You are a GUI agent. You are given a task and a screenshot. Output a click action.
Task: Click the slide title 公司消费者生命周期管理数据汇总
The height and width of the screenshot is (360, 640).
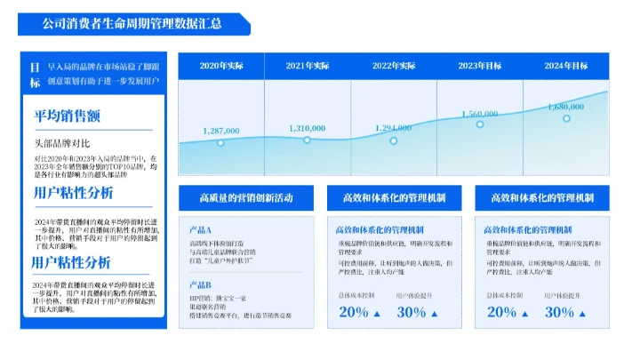(x=132, y=24)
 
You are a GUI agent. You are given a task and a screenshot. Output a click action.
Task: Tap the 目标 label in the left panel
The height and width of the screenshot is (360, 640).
(x=35, y=75)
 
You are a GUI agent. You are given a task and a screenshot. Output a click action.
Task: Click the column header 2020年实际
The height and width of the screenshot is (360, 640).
(x=221, y=66)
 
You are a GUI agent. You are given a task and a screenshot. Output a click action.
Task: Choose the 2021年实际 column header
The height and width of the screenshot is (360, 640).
(x=308, y=66)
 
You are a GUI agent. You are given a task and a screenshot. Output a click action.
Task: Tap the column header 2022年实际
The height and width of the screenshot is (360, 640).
(x=394, y=66)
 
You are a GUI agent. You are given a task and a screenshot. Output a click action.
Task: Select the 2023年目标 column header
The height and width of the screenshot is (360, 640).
(x=480, y=66)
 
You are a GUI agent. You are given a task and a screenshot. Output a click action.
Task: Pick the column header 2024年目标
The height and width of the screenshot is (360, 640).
(x=566, y=66)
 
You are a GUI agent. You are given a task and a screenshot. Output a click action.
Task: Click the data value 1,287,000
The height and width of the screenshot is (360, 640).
(x=221, y=131)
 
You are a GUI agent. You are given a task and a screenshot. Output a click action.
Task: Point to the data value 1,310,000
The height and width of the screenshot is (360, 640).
(x=308, y=128)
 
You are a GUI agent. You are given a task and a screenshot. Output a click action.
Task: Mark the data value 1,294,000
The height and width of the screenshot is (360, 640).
(x=394, y=128)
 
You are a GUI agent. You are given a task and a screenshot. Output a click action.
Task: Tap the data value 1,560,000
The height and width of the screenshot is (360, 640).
(x=480, y=114)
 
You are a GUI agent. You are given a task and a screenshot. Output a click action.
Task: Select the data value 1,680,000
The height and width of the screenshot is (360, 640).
(x=566, y=107)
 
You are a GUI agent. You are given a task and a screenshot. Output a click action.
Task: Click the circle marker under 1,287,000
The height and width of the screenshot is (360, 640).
(x=221, y=142)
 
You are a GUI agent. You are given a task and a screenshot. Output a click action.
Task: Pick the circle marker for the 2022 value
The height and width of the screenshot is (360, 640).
(x=394, y=140)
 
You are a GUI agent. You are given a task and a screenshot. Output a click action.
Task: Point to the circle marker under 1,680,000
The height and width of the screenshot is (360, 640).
(x=566, y=118)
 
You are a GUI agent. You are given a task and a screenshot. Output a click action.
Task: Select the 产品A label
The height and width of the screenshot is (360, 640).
(x=201, y=229)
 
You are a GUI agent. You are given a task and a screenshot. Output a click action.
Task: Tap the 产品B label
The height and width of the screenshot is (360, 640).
(x=201, y=284)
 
